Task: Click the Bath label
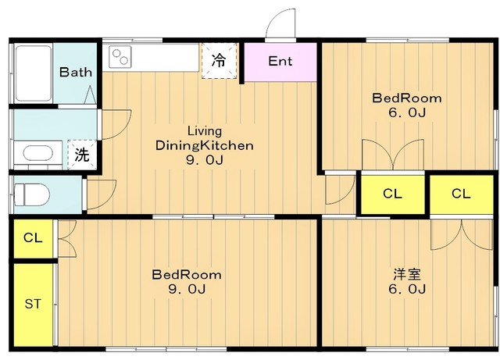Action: pos(76,72)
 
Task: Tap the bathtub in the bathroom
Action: pos(34,73)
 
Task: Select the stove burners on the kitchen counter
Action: pos(120,57)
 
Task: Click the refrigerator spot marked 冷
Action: pos(219,61)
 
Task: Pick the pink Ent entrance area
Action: pos(280,62)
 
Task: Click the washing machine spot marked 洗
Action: pos(82,155)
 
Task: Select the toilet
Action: pos(32,194)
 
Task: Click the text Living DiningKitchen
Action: pos(205,138)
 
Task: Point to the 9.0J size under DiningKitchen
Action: pos(205,160)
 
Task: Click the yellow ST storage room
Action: pos(33,305)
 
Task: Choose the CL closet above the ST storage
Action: pos(33,238)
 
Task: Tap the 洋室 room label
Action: pos(407,275)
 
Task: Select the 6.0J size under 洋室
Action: pos(407,289)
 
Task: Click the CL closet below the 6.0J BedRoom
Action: pos(392,194)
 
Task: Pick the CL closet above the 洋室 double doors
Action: pos(461,194)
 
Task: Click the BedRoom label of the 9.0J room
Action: pos(187,275)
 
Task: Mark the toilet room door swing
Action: pos(102,195)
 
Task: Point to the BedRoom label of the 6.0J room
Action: pos(407,98)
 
